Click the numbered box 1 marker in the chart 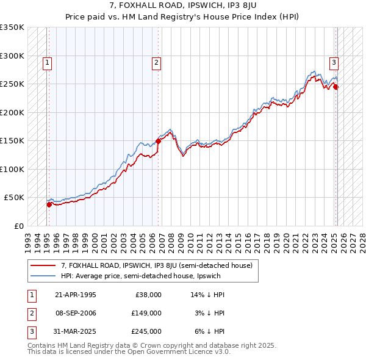click(x=47, y=62)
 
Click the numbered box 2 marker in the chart click(x=157, y=62)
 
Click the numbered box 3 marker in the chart click(x=334, y=62)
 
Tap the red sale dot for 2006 click(x=158, y=141)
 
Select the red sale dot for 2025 click(x=335, y=87)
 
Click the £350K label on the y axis click(x=12, y=27)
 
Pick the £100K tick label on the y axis click(x=12, y=169)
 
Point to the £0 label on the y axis click(x=18, y=226)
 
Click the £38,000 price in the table click(x=148, y=295)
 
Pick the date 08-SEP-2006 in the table click(x=76, y=313)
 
